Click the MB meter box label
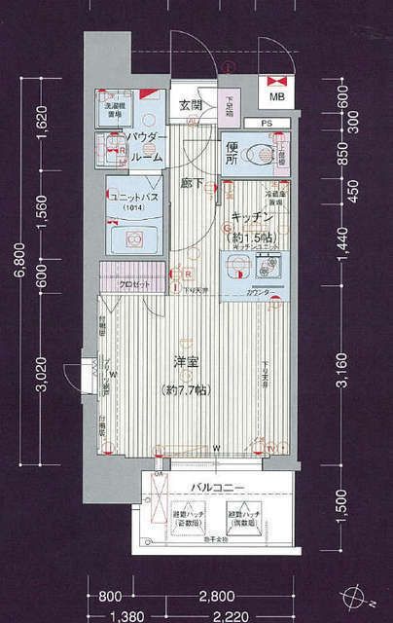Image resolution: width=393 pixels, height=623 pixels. pyautogui.click(x=277, y=97)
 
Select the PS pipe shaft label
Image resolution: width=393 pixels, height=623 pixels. pyautogui.click(x=267, y=123)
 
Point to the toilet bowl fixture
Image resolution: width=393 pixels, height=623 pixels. pyautogui.click(x=261, y=154)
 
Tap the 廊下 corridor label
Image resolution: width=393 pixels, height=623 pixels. pyautogui.click(x=192, y=180)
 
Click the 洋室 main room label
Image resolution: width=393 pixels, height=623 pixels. pyautogui.click(x=188, y=362)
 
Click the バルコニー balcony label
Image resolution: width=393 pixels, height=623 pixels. pyautogui.click(x=215, y=487)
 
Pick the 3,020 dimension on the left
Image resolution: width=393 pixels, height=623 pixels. pyautogui.click(x=43, y=373)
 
